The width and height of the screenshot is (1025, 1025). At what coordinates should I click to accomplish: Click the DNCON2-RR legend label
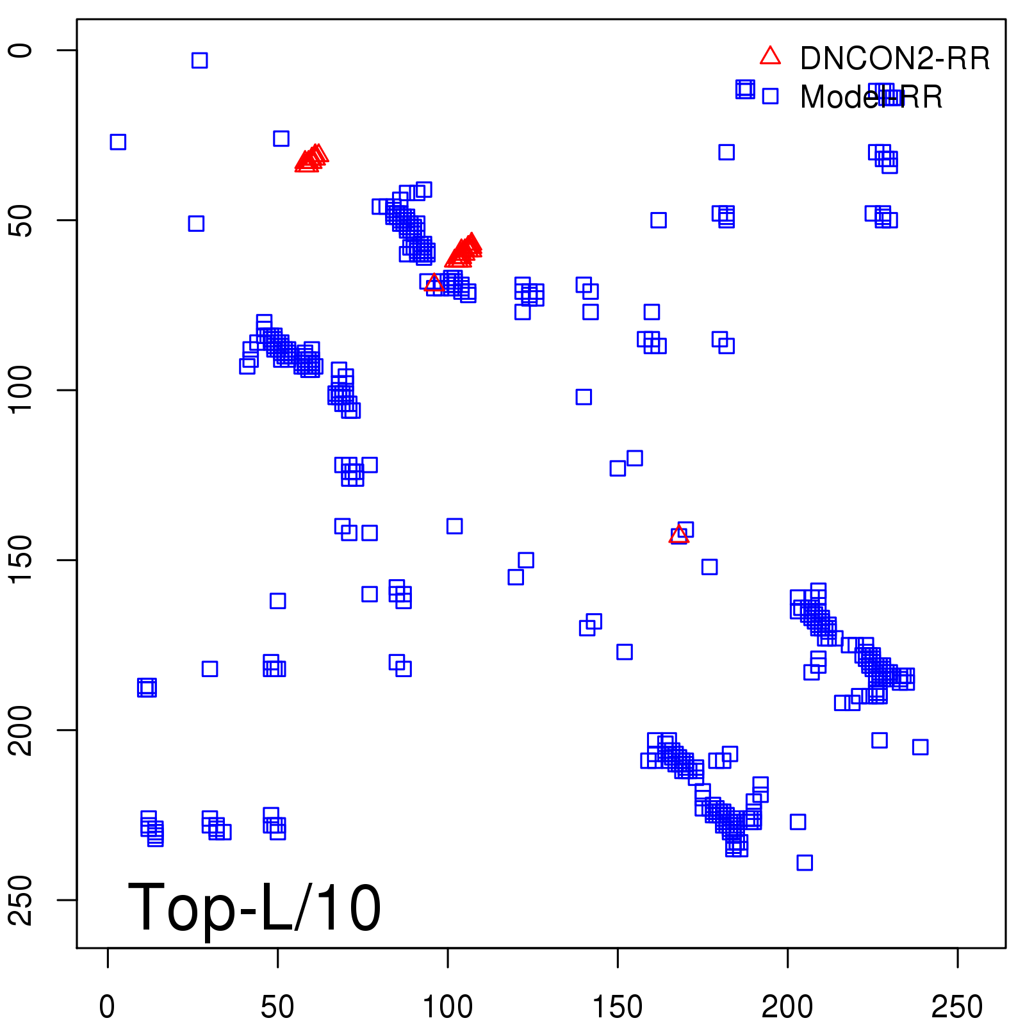894,59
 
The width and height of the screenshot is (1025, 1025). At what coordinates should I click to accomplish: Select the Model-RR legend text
871,97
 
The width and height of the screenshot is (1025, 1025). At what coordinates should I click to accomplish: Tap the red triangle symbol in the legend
770,56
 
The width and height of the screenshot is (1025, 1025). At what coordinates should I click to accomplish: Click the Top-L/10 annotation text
254,907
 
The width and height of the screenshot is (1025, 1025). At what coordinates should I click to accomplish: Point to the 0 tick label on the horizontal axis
108,1007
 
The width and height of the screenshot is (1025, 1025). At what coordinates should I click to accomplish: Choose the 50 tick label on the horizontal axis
277,1007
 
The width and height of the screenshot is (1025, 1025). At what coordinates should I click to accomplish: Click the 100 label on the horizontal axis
448,1007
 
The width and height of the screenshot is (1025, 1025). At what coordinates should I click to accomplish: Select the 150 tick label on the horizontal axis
618,1007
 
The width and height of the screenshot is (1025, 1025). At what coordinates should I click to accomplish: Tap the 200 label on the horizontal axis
787,1007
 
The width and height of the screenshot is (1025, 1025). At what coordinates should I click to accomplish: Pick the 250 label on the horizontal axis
957,1007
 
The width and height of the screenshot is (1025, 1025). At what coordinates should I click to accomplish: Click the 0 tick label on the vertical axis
22,51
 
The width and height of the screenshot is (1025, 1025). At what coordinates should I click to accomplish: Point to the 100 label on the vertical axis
22,390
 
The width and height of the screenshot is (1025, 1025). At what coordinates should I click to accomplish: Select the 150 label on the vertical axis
22,560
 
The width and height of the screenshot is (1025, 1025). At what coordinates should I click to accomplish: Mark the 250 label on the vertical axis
22,899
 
